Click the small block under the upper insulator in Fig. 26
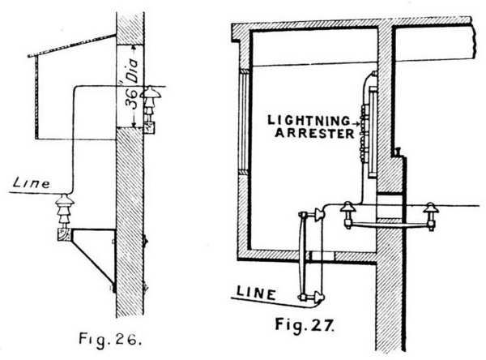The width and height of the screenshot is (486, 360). coord(150,125)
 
